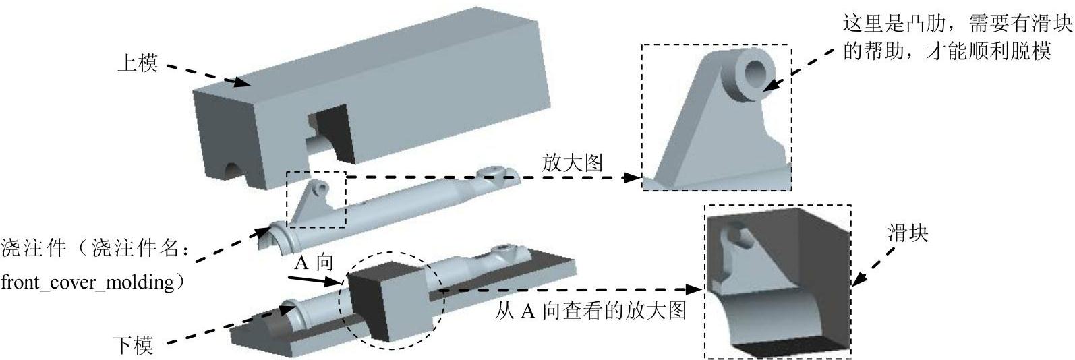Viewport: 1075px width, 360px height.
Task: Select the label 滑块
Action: click(908, 233)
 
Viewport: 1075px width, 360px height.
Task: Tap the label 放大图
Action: click(571, 163)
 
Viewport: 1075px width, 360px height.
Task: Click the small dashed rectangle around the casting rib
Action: click(316, 200)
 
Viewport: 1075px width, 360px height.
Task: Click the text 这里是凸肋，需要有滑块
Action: click(957, 25)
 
